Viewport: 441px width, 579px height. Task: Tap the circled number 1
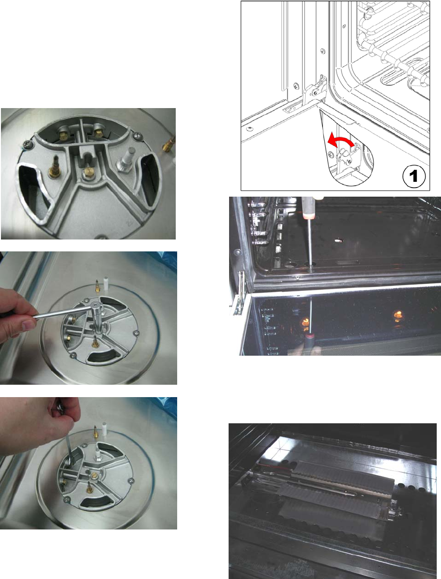[414, 176]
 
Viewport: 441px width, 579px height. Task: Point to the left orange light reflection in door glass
[305, 323]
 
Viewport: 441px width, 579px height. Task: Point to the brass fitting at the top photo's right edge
[169, 143]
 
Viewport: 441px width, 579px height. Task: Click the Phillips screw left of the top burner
[27, 143]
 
